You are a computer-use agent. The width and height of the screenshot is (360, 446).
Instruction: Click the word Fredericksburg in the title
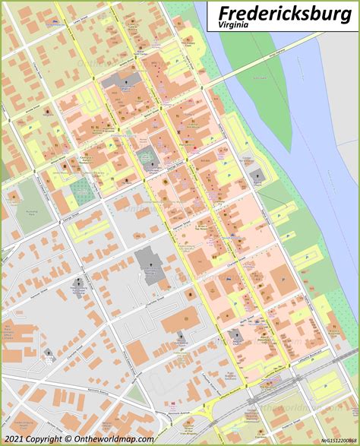tap(283, 13)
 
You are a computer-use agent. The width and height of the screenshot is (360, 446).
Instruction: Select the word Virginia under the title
tap(233, 25)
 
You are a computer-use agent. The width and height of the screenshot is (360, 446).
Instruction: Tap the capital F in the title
tap(223, 13)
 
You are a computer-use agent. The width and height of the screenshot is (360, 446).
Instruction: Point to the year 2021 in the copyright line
tap(14, 438)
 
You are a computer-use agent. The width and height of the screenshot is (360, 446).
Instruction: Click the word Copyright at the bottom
tap(45, 438)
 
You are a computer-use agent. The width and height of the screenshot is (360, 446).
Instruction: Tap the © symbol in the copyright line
tap(68, 438)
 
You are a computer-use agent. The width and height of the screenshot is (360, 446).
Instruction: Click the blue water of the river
tap(304, 152)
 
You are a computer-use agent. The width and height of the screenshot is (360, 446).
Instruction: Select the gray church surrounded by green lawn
tap(146, 159)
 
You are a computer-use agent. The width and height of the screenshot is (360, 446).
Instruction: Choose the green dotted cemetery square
tap(84, 190)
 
